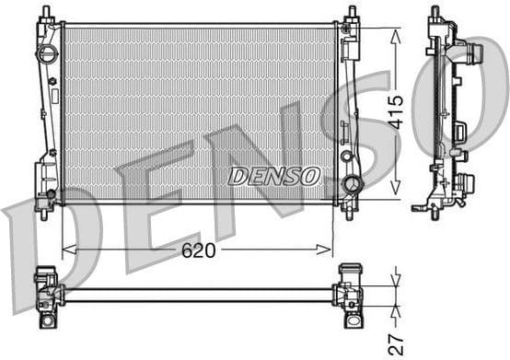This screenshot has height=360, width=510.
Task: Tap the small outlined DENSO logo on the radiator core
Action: [x=273, y=176]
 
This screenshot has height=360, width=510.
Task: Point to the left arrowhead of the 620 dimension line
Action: [x=65, y=250]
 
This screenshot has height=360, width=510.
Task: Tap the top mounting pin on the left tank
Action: [x=43, y=12]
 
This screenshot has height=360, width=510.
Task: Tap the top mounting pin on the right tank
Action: [x=351, y=14]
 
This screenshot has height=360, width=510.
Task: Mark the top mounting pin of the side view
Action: [x=435, y=13]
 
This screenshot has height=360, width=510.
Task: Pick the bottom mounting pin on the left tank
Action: [x=43, y=209]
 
